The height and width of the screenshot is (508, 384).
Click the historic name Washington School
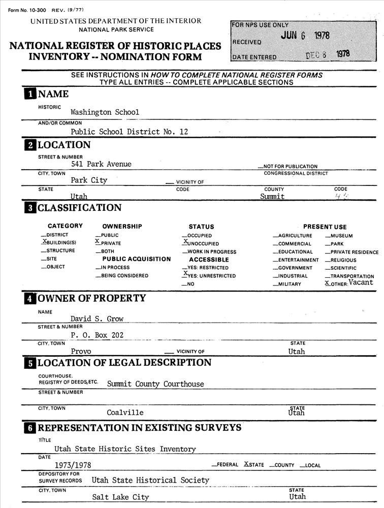[105, 112]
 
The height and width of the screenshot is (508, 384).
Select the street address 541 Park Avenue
[101, 164]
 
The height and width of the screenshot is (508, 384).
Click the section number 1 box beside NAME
[30, 94]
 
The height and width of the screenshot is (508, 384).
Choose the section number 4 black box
[30, 298]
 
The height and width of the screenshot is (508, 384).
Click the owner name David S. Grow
[97, 319]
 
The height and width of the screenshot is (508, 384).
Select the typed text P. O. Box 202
[97, 335]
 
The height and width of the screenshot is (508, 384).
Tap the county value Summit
[272, 197]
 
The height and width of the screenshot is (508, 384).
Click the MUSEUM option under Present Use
[341, 236]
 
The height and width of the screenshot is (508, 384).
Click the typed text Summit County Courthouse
[155, 385]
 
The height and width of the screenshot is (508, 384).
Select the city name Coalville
[125, 412]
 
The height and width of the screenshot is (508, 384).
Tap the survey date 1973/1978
[73, 465]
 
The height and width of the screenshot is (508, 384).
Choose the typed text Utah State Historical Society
[150, 481]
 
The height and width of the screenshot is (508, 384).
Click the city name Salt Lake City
[120, 497]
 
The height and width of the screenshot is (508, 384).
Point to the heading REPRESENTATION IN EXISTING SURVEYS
[139, 428]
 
